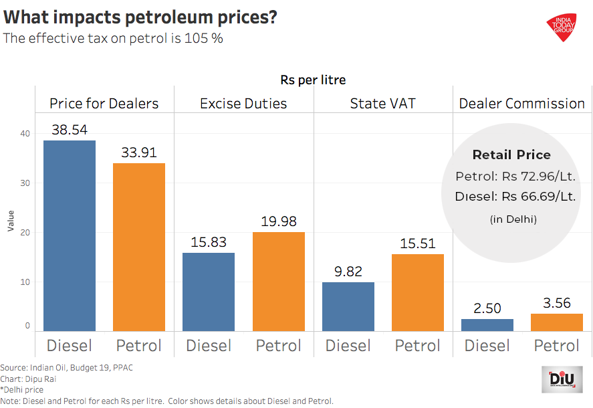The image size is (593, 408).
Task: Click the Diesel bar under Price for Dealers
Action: pyautogui.click(x=70, y=235)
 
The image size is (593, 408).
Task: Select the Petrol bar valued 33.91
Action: pyautogui.click(x=139, y=247)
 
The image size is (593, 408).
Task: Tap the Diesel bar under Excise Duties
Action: pyautogui.click(x=209, y=292)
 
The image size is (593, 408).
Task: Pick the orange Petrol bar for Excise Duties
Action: pyautogui.click(x=279, y=282)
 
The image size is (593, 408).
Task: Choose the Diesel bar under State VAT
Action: pyautogui.click(x=348, y=306)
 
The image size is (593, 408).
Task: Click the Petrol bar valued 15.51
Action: pyautogui.click(x=418, y=292)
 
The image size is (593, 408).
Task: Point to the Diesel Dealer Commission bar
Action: pyautogui.click(x=487, y=325)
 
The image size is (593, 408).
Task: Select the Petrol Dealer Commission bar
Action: pyautogui.click(x=557, y=322)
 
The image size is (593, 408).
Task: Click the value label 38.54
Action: pyautogui.click(x=70, y=130)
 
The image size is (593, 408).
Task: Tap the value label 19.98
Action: pyautogui.click(x=279, y=221)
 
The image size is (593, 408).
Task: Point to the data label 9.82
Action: pyautogui.click(x=348, y=272)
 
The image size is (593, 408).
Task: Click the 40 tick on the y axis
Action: pyautogui.click(x=25, y=134)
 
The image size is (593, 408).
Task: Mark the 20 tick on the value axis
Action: pyautogui.click(x=25, y=233)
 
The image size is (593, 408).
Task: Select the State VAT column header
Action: pyautogui.click(x=383, y=104)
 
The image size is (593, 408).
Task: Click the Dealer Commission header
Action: pyautogui.click(x=521, y=104)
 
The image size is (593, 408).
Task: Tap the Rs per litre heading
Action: pyautogui.click(x=313, y=80)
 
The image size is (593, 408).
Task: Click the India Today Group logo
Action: pyautogui.click(x=566, y=27)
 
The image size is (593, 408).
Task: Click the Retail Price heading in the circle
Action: pyautogui.click(x=511, y=155)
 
